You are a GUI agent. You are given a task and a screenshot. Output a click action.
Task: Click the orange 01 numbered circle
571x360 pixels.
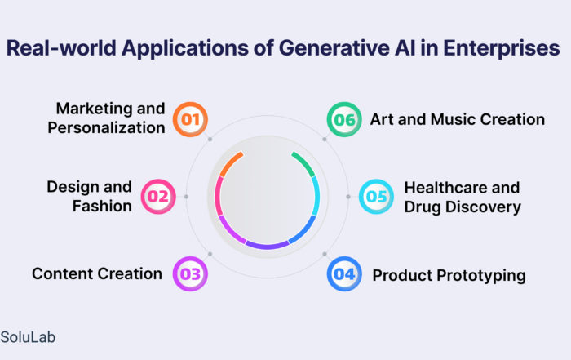tap(190, 119)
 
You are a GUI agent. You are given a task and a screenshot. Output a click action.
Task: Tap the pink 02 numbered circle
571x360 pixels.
tap(158, 197)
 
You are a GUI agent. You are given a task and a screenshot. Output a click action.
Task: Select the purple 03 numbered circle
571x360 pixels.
tap(190, 273)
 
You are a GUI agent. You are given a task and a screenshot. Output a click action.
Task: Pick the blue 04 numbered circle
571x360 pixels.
tap(344, 273)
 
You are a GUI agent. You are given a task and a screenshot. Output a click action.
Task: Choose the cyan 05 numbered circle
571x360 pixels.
tap(376, 197)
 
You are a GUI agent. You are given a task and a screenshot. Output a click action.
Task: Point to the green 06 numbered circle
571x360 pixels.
tap(344, 119)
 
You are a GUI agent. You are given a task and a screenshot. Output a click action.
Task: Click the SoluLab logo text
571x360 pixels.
tap(28, 337)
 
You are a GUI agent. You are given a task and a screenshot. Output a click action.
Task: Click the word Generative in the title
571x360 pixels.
tap(334, 48)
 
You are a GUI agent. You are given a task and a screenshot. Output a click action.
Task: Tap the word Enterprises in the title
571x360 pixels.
tap(502, 48)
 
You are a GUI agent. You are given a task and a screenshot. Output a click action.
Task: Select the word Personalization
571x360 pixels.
tap(106, 128)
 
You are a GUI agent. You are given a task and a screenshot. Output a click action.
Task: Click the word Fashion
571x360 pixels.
tap(102, 206)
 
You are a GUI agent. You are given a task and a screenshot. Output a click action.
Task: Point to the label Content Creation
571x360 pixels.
tap(97, 273)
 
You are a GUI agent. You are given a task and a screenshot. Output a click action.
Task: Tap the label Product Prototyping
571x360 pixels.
tap(449, 276)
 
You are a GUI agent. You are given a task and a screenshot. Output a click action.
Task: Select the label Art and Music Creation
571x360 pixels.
tap(458, 119)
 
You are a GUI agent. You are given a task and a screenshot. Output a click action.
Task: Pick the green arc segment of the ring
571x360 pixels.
tap(304, 163)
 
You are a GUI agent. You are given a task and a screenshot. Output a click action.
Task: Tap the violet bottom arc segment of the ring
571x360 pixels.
tap(268, 246)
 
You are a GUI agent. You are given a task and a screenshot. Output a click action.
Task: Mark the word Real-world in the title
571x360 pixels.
tap(61, 48)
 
